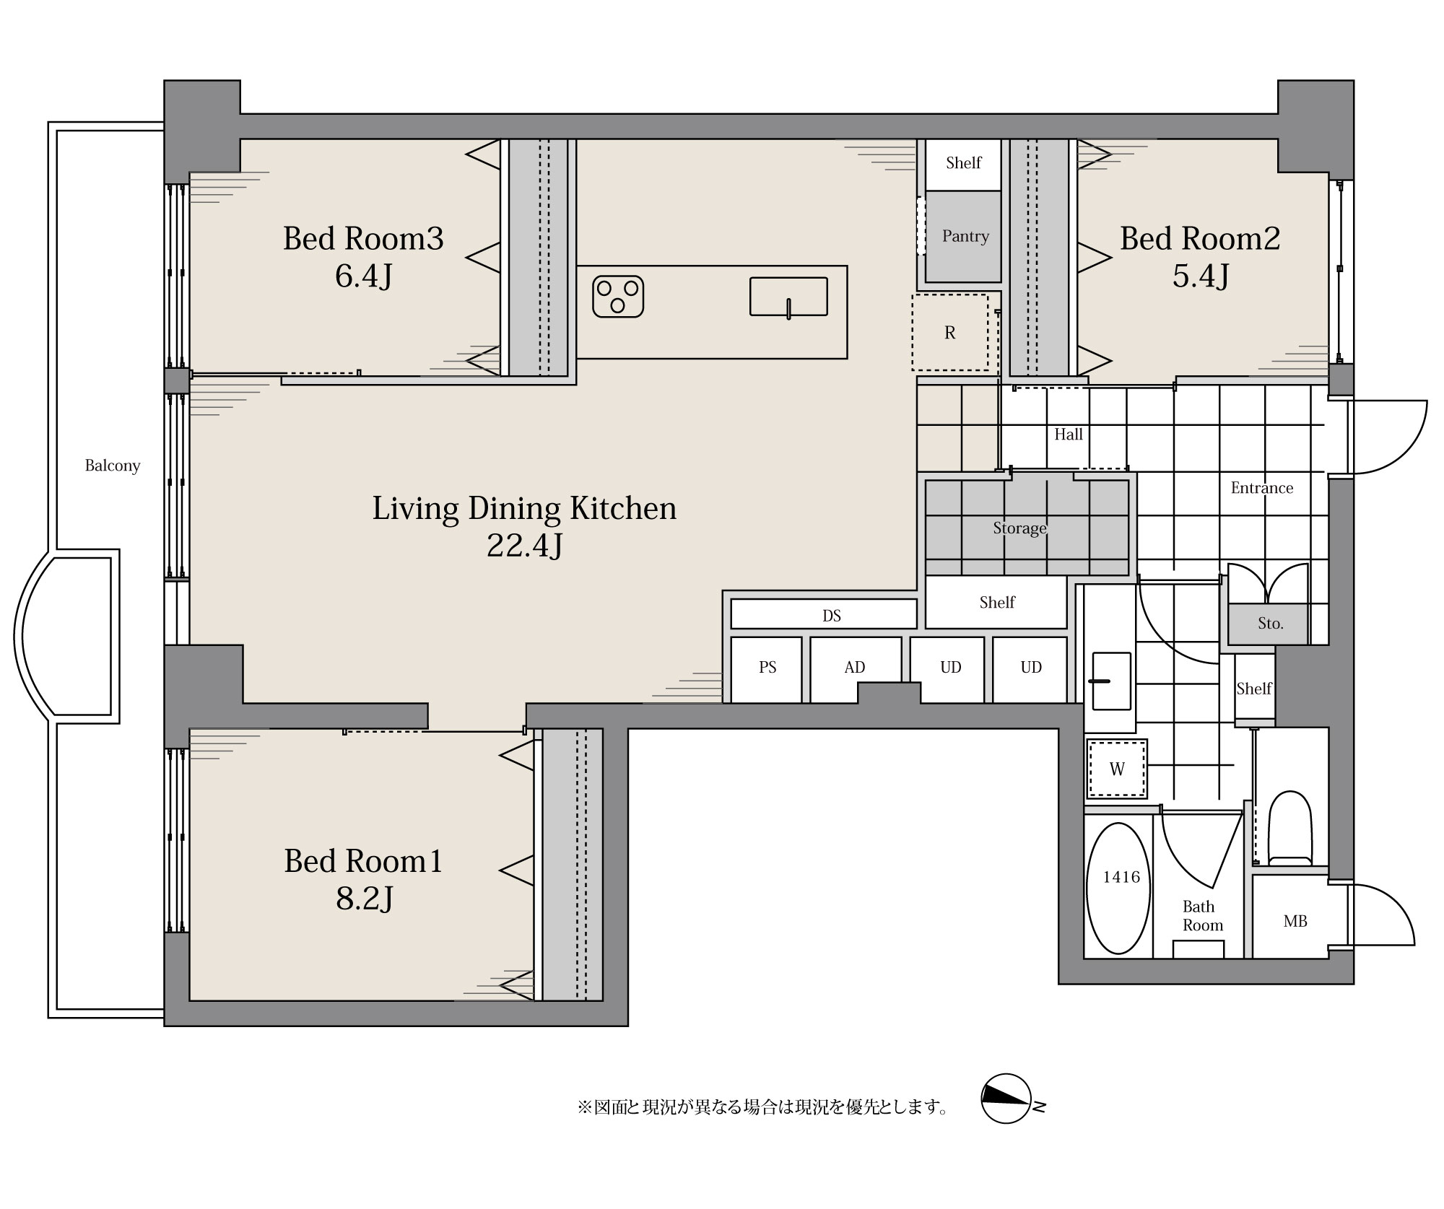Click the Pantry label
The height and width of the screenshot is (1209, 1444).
[x=965, y=236]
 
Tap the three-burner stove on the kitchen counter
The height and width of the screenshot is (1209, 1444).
[x=618, y=297]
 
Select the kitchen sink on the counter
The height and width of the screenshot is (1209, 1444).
[x=788, y=297]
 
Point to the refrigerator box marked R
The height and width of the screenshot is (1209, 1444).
[x=950, y=333]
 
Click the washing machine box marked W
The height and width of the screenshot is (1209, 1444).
[x=1117, y=769]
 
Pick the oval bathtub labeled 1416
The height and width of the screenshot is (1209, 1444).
[x=1118, y=889]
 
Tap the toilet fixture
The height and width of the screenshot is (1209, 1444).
[x=1289, y=828]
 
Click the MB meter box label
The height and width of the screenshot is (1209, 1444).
[x=1295, y=922]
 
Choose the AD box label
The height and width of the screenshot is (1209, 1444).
[x=855, y=668]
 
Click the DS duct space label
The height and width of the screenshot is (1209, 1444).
[x=832, y=616]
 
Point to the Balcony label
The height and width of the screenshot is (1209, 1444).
[x=113, y=466]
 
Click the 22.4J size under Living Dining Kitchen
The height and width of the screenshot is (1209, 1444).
[x=525, y=546]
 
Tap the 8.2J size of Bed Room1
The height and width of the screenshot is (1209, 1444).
[x=365, y=899]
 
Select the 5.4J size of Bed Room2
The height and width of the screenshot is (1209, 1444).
[x=1201, y=276]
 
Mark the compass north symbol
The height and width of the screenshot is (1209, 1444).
[x=1006, y=1099]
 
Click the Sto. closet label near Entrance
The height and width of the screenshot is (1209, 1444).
[x=1271, y=624]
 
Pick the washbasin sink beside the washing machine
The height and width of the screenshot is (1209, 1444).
[x=1111, y=681]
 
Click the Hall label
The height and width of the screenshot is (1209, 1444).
[x=1069, y=435]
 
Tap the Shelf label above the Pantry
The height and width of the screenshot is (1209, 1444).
[x=964, y=163]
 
